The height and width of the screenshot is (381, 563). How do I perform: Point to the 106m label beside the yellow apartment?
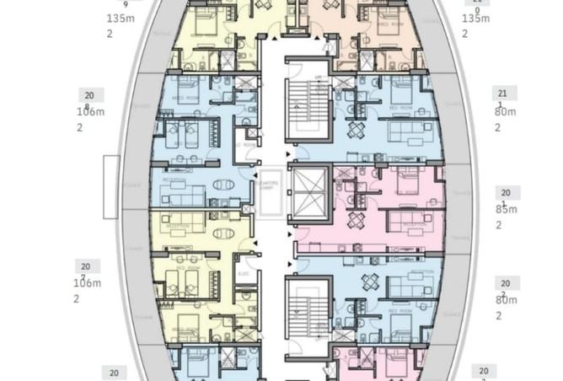click(88, 283)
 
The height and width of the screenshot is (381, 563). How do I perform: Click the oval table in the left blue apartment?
click(223, 185)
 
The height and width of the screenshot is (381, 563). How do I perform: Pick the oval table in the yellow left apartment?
click(223, 233)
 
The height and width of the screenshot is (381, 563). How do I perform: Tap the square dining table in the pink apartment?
click(357, 221)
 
